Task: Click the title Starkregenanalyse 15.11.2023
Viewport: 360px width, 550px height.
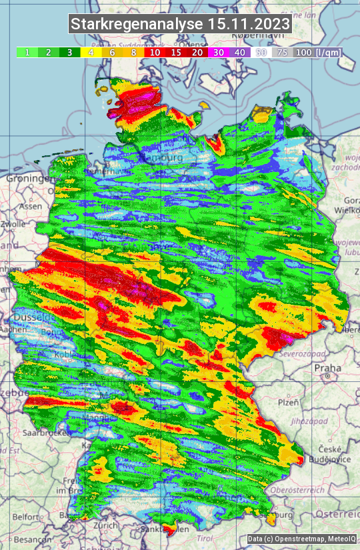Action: (x=180, y=25)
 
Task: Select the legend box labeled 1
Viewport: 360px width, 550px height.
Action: (x=27, y=52)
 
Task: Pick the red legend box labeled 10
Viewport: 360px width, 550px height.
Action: (x=155, y=52)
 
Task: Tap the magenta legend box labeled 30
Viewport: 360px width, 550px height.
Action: (x=219, y=52)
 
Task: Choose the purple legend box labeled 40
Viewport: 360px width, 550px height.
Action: (x=240, y=52)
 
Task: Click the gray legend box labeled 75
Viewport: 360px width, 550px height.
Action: (x=283, y=52)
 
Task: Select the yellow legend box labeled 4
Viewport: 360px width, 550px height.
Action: (x=91, y=52)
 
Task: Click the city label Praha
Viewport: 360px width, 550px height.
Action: (x=328, y=367)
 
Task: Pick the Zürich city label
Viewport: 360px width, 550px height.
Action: (x=105, y=525)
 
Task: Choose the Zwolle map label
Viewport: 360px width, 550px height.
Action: (x=13, y=225)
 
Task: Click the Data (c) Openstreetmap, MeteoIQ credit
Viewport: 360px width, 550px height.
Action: (x=300, y=539)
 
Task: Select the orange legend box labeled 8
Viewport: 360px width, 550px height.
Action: (x=133, y=52)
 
